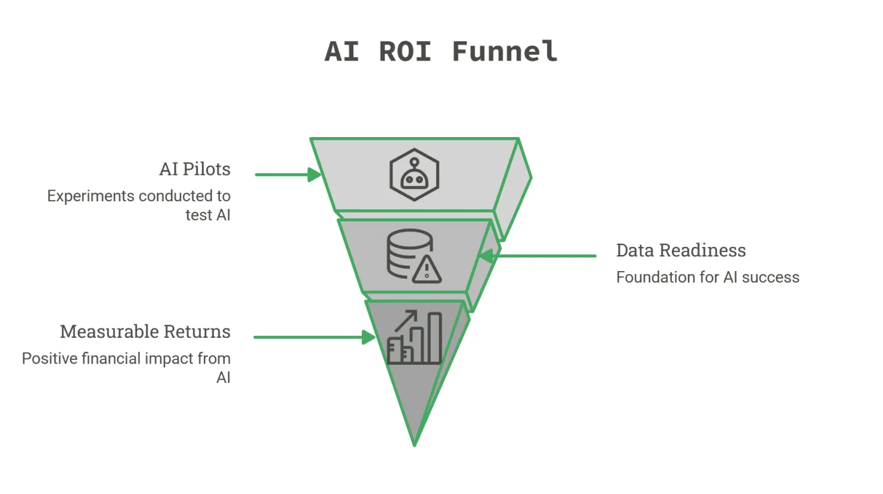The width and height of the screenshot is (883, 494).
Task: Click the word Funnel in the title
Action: click(x=504, y=52)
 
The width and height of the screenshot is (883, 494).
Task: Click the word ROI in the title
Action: click(x=405, y=52)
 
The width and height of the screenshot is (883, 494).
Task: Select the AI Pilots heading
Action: click(x=195, y=169)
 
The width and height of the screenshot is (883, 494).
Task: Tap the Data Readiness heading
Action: click(x=681, y=250)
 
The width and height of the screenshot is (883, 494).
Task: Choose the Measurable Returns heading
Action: click(x=145, y=332)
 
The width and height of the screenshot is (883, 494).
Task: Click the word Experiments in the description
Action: click(x=91, y=196)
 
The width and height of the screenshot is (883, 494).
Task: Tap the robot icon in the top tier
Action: click(x=414, y=175)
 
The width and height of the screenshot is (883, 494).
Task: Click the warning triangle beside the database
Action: click(x=427, y=270)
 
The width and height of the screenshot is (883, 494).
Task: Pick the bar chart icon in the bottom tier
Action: click(x=415, y=338)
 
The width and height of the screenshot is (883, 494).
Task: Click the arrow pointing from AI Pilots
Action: click(x=288, y=175)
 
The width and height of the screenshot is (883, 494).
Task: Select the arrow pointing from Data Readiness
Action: click(x=537, y=256)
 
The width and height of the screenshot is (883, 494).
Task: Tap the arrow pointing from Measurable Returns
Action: click(x=315, y=337)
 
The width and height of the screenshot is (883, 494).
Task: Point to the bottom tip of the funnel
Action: click(x=414, y=446)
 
